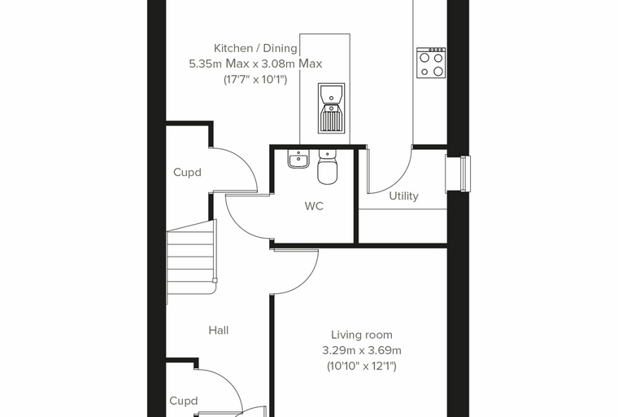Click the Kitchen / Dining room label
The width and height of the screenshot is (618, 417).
coord(255,48)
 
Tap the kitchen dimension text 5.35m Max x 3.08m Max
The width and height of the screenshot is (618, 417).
coord(255,64)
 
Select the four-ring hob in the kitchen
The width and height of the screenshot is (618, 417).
coord(431,63)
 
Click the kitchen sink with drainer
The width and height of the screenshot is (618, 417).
coord(332,108)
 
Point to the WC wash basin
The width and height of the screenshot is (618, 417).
coord(298,159)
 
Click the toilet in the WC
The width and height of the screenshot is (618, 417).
coord(328,168)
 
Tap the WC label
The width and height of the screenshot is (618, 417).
coord(314,206)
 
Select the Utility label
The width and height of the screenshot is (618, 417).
coord(403,196)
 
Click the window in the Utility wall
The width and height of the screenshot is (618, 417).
coord(458,174)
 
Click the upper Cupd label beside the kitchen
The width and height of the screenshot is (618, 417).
coord(187,173)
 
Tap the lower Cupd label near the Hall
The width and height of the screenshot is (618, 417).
coord(183,402)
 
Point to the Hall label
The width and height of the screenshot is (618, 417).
coord(219,330)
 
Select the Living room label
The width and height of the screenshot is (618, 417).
coord(361,335)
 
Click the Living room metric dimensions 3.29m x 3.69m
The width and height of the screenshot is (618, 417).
coord(362,350)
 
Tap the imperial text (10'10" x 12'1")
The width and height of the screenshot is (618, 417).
coord(361,366)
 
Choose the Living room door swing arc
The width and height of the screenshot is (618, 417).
coord(306,282)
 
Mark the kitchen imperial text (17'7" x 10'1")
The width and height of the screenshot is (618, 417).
coord(255,79)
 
